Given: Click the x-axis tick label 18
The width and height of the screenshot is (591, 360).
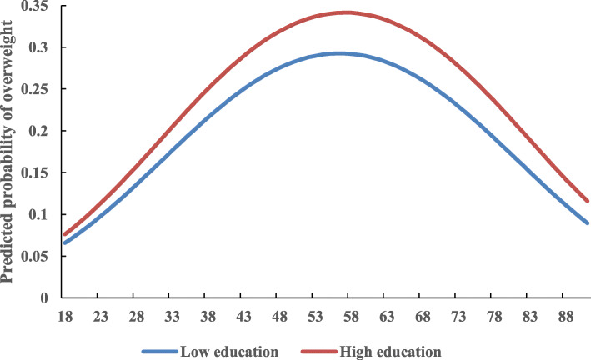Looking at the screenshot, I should (x=62, y=317).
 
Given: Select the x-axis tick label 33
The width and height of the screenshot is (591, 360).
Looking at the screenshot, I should (x=169, y=317).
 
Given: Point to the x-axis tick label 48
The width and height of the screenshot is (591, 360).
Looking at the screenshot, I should (x=276, y=317).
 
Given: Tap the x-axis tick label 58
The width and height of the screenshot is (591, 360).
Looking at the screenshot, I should (x=348, y=317).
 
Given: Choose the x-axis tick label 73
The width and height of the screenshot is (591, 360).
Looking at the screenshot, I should (x=455, y=317).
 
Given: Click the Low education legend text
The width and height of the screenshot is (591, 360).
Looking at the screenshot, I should (x=228, y=348).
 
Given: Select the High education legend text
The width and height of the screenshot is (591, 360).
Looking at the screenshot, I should (x=392, y=348).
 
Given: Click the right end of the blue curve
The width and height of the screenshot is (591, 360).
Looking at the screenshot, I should (x=587, y=223).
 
